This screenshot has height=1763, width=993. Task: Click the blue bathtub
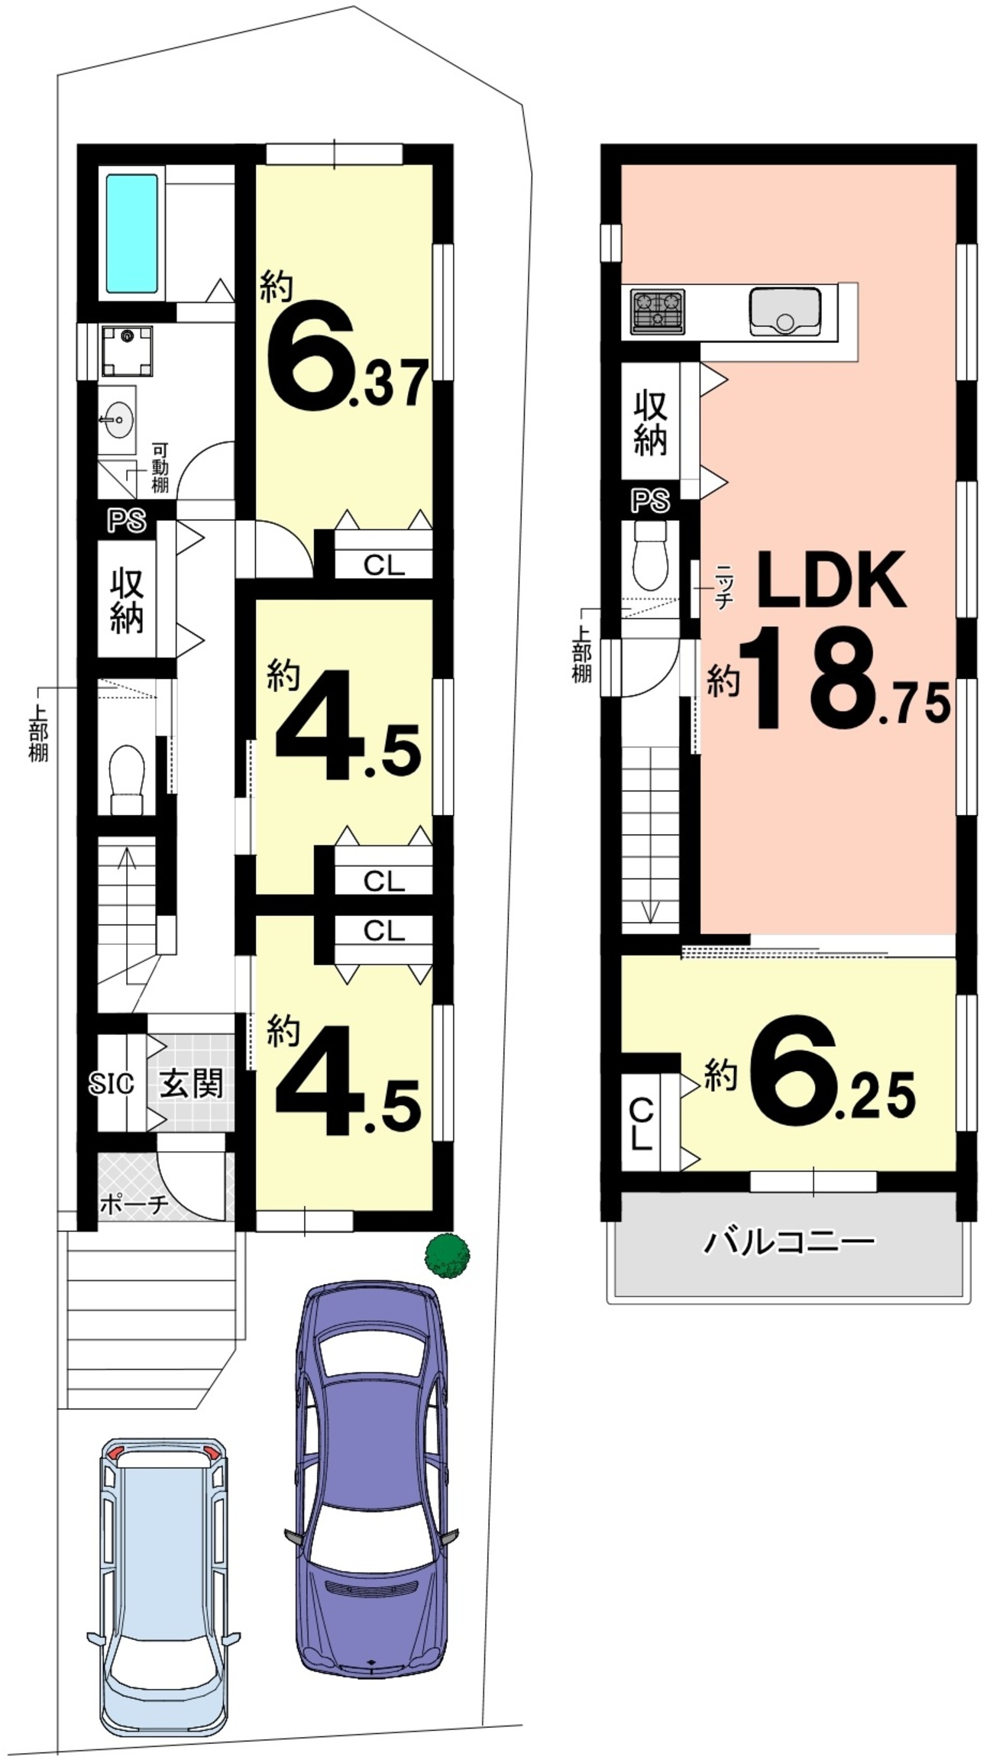(x=132, y=234)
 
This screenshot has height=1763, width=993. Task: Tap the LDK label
(x=831, y=581)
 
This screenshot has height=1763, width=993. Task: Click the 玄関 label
(x=191, y=1083)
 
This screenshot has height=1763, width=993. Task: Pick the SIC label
(x=112, y=1083)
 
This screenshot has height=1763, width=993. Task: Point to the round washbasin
(x=118, y=419)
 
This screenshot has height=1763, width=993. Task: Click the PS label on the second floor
(x=650, y=502)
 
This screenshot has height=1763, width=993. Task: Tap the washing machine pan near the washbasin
(x=127, y=351)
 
